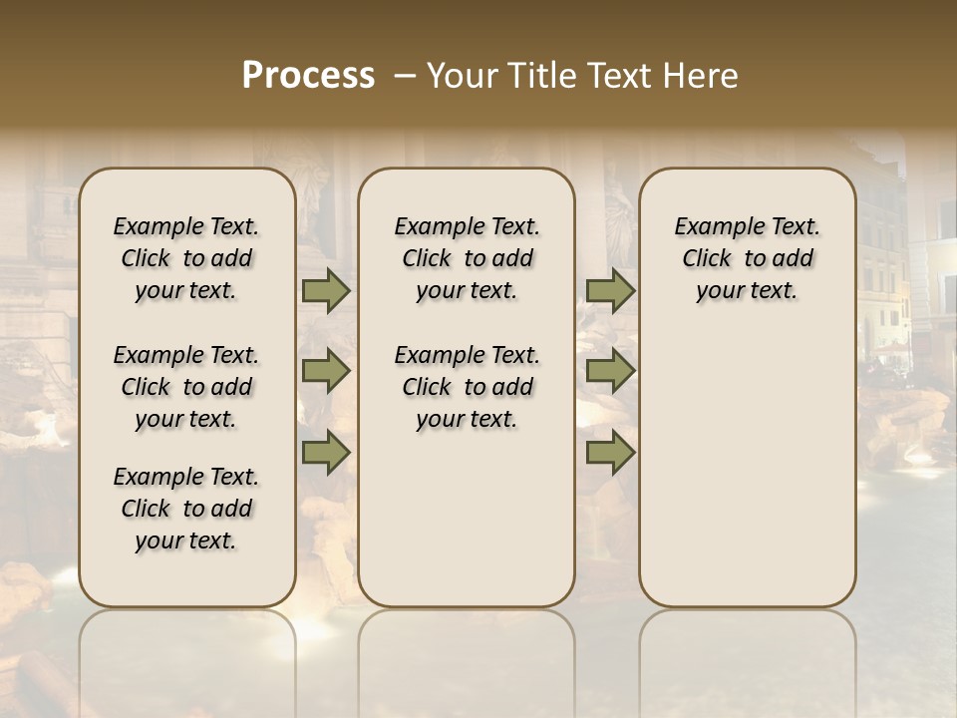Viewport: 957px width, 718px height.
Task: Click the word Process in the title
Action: pyautogui.click(x=308, y=75)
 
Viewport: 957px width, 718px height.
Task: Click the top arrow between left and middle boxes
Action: pyautogui.click(x=326, y=291)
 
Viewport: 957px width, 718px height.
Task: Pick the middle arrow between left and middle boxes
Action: pyautogui.click(x=326, y=372)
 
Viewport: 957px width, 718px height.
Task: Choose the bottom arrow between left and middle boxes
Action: pyautogui.click(x=326, y=452)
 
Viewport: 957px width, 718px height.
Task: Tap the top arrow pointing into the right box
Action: pyautogui.click(x=610, y=291)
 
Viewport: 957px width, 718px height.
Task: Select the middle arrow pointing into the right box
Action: pyautogui.click(x=610, y=372)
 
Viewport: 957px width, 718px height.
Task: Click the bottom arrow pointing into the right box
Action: pyautogui.click(x=610, y=452)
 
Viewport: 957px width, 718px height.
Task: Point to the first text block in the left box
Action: pyautogui.click(x=186, y=258)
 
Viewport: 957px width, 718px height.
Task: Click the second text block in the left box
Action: pyautogui.click(x=186, y=387)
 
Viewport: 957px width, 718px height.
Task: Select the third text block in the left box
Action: pyautogui.click(x=186, y=509)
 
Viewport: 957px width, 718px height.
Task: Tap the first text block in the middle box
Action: pyautogui.click(x=467, y=258)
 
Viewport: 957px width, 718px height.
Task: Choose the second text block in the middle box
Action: pyautogui.click(x=467, y=387)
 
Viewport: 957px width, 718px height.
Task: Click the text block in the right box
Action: pyautogui.click(x=747, y=258)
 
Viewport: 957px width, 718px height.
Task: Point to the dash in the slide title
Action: pyautogui.click(x=406, y=75)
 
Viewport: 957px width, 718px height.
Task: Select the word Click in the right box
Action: pyautogui.click(x=707, y=259)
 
